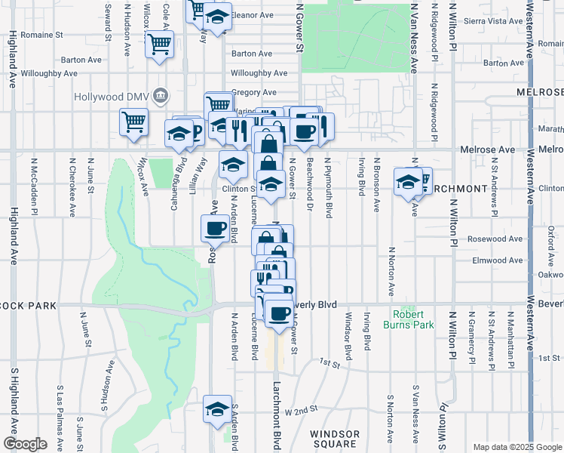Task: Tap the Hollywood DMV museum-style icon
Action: coord(160,96)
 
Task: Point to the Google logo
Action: coord(24,444)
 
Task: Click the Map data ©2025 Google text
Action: coord(517,447)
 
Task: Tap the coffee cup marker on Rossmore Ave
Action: coord(215,227)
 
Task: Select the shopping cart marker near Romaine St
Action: coord(160,44)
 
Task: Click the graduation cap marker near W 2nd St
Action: coord(218,408)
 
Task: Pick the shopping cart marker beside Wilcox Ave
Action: coord(133,121)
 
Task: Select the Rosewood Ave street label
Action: coord(495,239)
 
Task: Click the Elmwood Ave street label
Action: coord(495,260)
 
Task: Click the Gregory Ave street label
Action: coord(250,92)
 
